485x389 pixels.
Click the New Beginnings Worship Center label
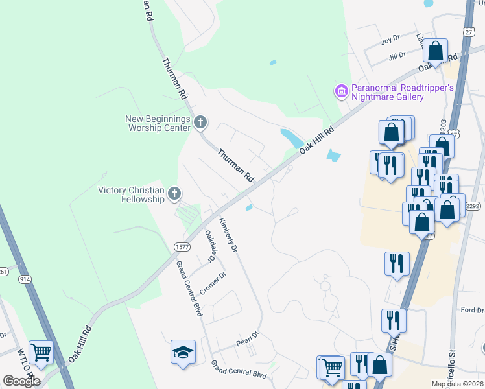[158, 123]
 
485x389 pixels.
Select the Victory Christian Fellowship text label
[131, 194]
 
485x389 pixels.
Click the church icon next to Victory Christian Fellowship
[174, 193]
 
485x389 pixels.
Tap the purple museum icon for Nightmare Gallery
[342, 92]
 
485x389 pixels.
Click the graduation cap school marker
[183, 352]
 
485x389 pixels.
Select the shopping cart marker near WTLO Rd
[41, 352]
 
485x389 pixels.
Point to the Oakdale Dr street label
[209, 246]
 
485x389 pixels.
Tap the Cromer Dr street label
[213, 283]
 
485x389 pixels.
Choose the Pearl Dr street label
[247, 338]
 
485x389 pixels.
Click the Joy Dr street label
[391, 40]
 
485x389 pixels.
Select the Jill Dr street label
[397, 55]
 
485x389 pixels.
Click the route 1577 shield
[181, 247]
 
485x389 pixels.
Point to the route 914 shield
[25, 279]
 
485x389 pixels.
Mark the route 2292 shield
[472, 206]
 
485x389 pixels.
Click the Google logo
[21, 381]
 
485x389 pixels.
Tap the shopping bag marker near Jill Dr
[436, 50]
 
